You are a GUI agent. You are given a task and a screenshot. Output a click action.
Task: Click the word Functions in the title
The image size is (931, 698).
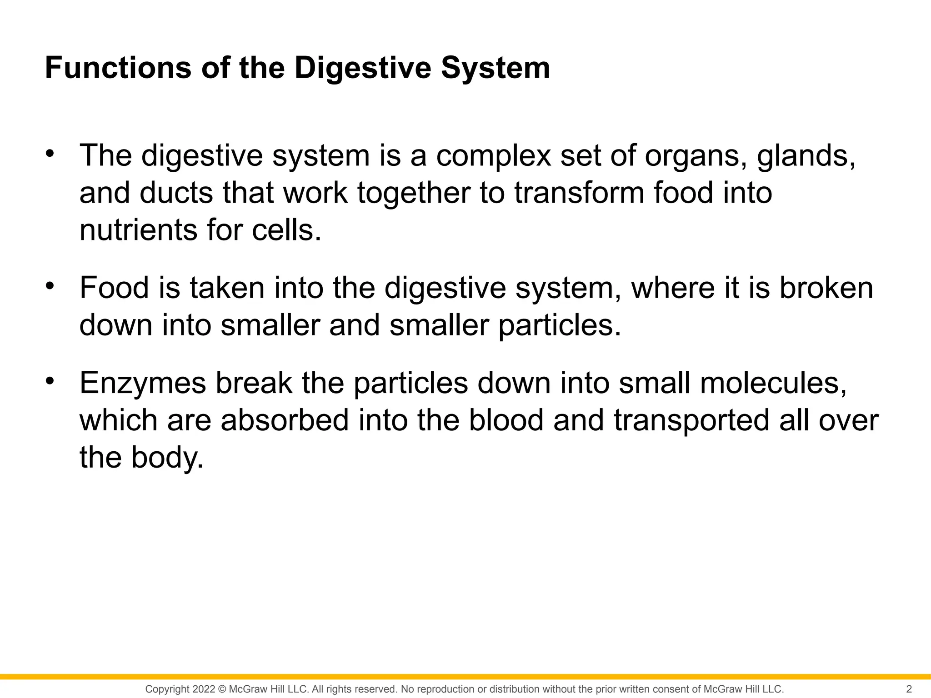(x=118, y=68)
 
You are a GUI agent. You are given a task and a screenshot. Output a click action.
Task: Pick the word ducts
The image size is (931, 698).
(x=176, y=193)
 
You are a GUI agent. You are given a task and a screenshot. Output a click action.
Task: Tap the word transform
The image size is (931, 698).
(x=579, y=193)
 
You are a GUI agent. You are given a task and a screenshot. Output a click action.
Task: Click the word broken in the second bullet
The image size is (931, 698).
(x=826, y=288)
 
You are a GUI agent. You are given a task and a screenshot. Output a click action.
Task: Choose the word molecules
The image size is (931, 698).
(x=773, y=383)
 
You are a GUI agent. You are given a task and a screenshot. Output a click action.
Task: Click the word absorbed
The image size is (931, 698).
(x=285, y=420)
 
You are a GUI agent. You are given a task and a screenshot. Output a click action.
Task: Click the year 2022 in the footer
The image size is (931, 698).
(x=204, y=689)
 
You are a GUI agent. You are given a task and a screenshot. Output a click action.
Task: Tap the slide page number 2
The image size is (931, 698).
(x=909, y=689)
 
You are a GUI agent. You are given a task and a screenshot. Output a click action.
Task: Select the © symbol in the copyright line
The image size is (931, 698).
(x=222, y=689)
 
